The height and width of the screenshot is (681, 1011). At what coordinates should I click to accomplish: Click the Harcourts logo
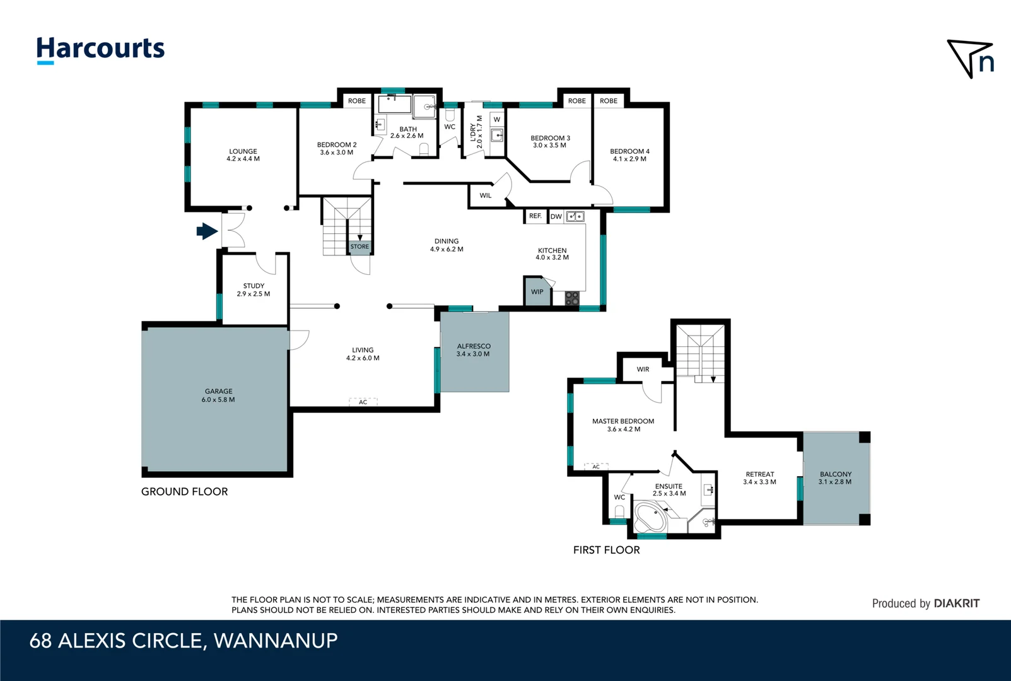point(100,49)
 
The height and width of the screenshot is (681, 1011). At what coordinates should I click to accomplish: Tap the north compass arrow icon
point(970,58)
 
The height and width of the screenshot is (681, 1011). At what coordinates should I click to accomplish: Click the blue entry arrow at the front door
point(207,231)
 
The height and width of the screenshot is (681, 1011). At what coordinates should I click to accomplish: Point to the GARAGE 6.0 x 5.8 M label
point(218,395)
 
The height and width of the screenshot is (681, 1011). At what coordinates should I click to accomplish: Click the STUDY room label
point(254,289)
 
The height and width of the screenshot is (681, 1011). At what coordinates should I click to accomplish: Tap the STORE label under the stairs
point(359,247)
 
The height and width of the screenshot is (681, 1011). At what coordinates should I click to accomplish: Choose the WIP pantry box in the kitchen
point(537,292)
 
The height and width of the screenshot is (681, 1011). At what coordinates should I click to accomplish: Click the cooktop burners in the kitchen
point(572,298)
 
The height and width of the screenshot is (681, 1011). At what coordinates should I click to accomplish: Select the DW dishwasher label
point(556,217)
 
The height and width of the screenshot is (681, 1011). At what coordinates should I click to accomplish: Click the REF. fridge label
point(535,216)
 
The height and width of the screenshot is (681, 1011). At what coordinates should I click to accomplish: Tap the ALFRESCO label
point(474,350)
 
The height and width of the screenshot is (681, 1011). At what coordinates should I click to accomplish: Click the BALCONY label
point(835,478)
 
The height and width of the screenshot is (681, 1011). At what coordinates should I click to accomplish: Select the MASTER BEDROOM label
point(623,425)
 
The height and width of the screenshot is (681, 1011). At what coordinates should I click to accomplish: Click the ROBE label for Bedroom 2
point(356,101)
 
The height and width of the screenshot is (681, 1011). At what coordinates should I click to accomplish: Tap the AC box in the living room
point(363,402)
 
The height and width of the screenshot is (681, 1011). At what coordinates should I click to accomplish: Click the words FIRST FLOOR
point(606,550)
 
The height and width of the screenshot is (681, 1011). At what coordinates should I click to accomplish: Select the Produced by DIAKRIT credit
point(925,603)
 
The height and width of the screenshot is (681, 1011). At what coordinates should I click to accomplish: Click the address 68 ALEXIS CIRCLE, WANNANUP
point(184,641)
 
